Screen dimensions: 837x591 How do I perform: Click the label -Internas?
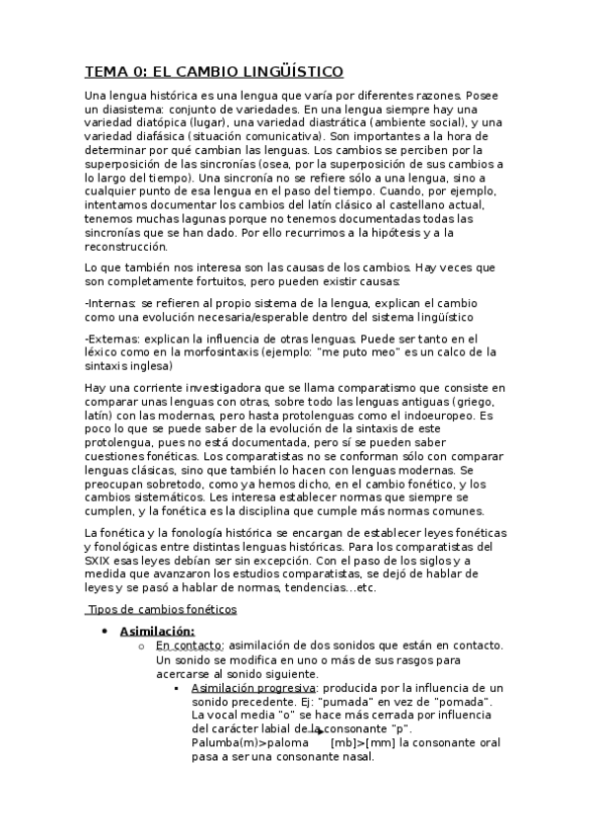pos(111,302)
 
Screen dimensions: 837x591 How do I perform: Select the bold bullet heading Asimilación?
pos(156,631)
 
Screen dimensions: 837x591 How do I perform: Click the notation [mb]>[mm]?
pos(366,742)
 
